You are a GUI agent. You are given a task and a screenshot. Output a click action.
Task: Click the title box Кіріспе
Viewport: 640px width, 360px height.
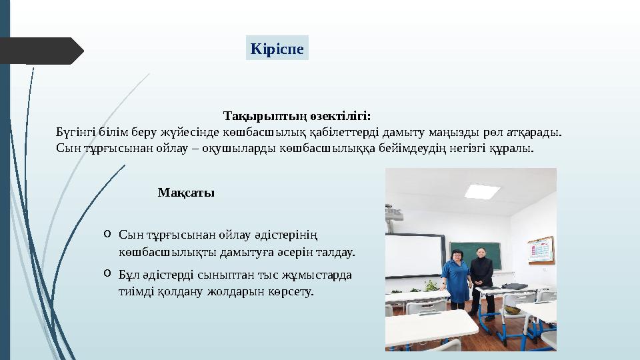coord(277,49)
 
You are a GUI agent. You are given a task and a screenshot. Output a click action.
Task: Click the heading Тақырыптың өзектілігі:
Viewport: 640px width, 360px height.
coord(297,116)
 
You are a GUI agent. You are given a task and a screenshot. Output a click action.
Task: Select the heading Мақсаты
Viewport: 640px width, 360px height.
coord(186,193)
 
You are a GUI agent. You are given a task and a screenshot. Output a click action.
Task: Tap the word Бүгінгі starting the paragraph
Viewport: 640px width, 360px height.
coord(73,131)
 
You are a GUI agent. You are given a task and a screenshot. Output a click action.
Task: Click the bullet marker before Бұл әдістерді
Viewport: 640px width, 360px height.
coord(107,273)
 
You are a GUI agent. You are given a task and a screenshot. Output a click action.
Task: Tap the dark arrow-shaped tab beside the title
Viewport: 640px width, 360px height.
coord(40,51)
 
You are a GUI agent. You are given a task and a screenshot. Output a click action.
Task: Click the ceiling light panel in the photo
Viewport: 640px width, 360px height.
coord(482,191)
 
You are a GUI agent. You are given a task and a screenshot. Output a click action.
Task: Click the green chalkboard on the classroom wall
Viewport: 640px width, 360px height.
coord(475,255)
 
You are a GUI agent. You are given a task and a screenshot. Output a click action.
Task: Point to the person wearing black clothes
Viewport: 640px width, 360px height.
coord(481,279)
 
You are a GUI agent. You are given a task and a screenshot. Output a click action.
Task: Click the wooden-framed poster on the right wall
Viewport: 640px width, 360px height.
coord(540,251)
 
